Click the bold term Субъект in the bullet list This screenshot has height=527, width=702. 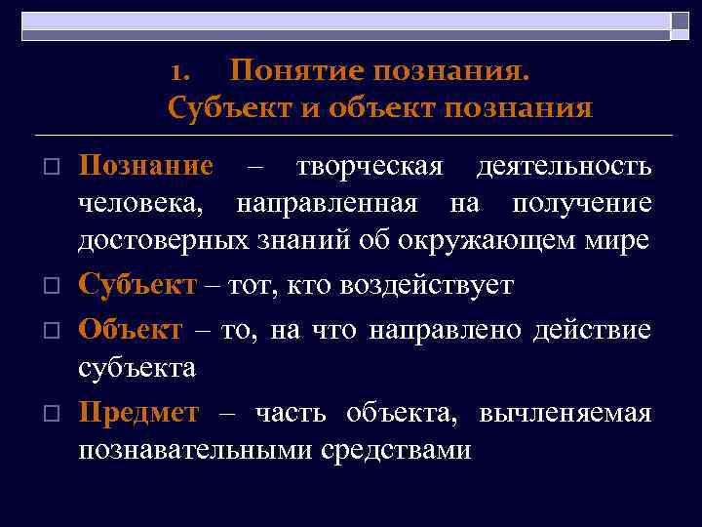[136, 285]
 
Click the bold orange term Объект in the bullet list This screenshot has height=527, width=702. [130, 329]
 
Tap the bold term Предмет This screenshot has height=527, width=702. [138, 413]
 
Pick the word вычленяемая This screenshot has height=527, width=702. [565, 413]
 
